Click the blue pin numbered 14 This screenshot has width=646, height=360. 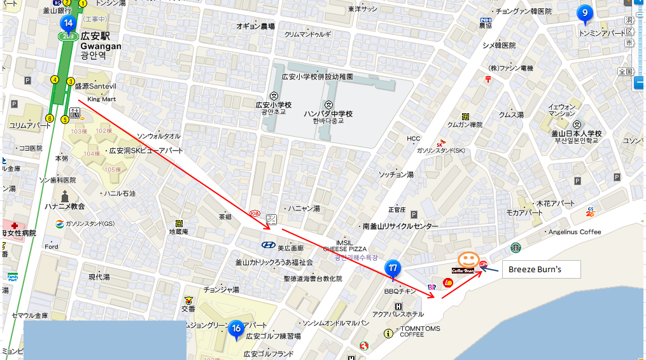coord(67,24)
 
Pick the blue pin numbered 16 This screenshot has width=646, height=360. coord(235,328)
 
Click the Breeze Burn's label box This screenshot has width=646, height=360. coord(540,270)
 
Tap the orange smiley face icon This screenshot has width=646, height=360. coord(468,259)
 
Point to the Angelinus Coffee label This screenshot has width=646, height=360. coord(575,232)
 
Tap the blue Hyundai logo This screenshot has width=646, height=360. coord(268,245)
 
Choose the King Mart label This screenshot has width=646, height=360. coord(102,99)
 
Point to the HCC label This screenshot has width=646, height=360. coord(414,139)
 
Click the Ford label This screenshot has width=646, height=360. coord(52,247)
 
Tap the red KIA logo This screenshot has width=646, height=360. coord(255,213)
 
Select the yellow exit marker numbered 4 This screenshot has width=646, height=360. coord(55,80)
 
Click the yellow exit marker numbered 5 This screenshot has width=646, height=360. coord(64,120)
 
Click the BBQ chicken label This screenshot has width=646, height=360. coord(400,291)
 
